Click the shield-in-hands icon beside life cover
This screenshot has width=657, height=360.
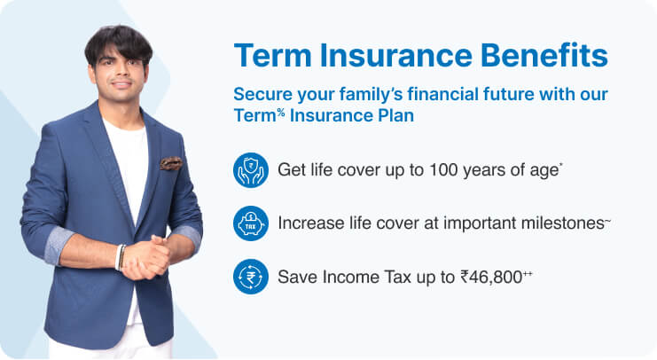[x=251, y=169]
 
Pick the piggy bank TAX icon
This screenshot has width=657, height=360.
[x=251, y=223]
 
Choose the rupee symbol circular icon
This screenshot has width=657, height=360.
[x=251, y=276]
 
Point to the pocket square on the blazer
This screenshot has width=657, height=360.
[x=170, y=162]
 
